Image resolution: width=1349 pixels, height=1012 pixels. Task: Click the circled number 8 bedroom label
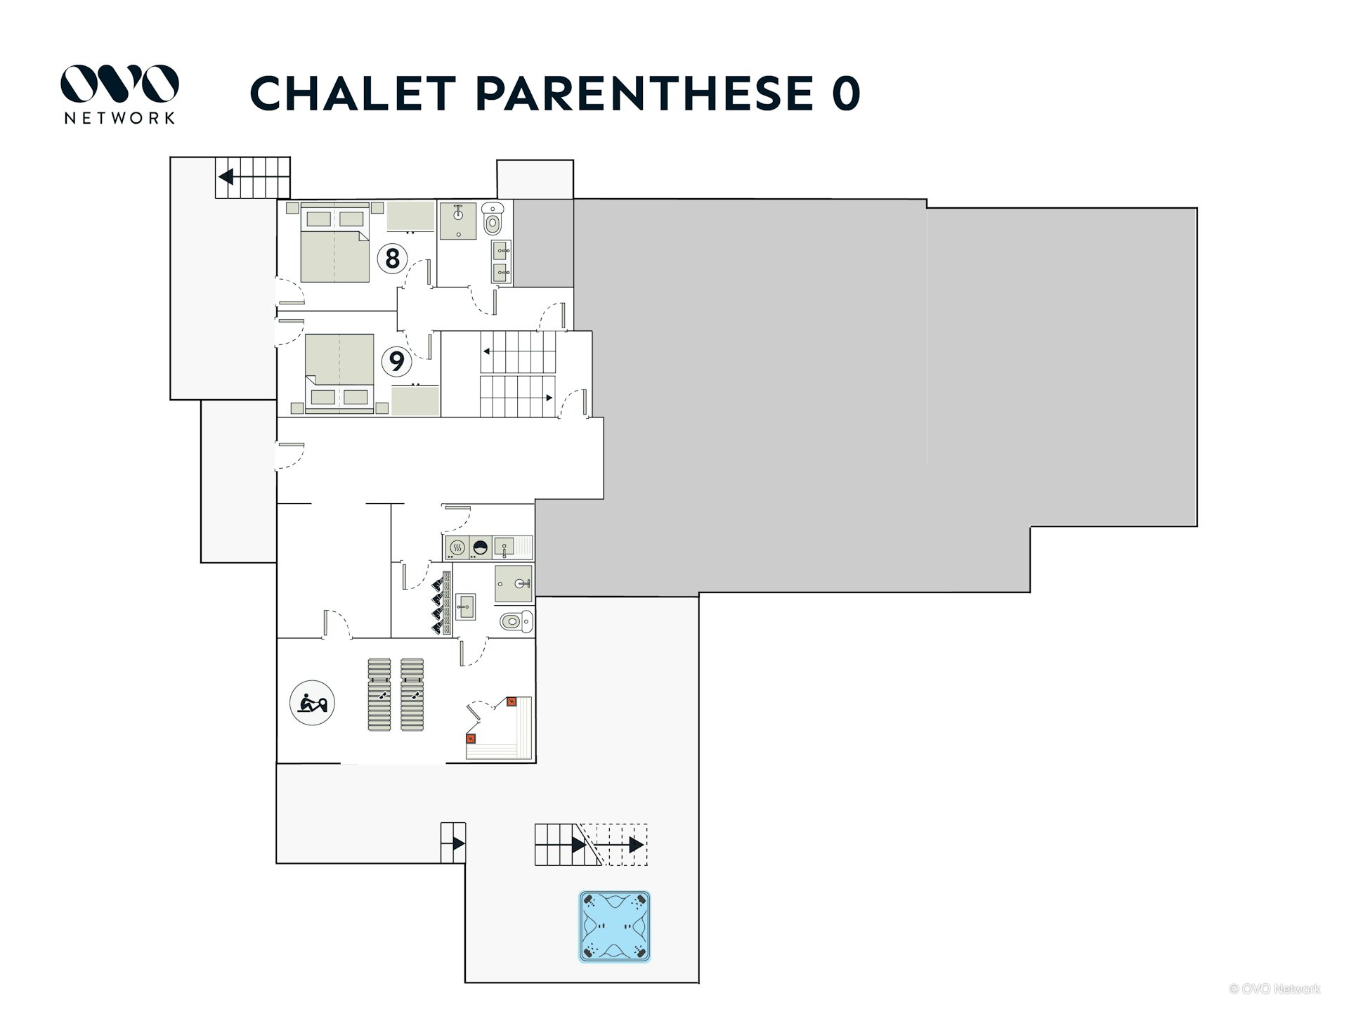point(392,258)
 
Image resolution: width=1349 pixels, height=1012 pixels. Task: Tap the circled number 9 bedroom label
point(396,361)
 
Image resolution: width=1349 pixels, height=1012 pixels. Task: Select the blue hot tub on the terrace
point(615,926)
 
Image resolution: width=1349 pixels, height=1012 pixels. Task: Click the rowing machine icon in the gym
point(312,703)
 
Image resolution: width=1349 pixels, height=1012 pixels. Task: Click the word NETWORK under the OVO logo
point(119,118)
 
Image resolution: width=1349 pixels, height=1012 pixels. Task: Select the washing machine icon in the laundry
point(481,547)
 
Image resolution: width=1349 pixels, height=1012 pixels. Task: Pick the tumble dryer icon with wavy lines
point(457,547)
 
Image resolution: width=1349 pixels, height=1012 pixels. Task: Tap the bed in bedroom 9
point(339,373)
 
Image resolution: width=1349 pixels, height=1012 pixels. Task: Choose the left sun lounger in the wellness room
point(379,694)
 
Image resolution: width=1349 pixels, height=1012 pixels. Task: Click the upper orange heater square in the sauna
point(511,701)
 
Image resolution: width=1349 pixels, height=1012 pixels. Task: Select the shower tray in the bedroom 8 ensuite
point(458,221)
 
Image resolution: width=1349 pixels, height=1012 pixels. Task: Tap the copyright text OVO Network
point(1275,989)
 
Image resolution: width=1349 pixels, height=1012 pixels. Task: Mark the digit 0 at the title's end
point(846,93)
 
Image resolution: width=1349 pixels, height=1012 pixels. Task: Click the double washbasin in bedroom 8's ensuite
point(502,261)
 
